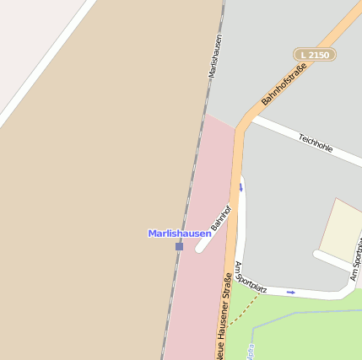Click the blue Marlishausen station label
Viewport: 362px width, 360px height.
[x=179, y=234]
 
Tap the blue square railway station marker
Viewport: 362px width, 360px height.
[x=179, y=246]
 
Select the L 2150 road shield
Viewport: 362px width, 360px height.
[x=315, y=55]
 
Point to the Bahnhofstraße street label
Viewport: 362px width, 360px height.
[x=284, y=81]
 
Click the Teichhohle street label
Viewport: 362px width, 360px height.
[x=316, y=142]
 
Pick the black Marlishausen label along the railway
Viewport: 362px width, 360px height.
[x=216, y=56]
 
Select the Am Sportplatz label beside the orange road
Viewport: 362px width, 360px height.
[x=251, y=277]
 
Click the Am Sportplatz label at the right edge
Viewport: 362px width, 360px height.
[x=356, y=253]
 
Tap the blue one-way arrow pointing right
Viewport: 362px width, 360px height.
[x=291, y=293]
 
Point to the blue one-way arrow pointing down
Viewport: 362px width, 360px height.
[x=240, y=187]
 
